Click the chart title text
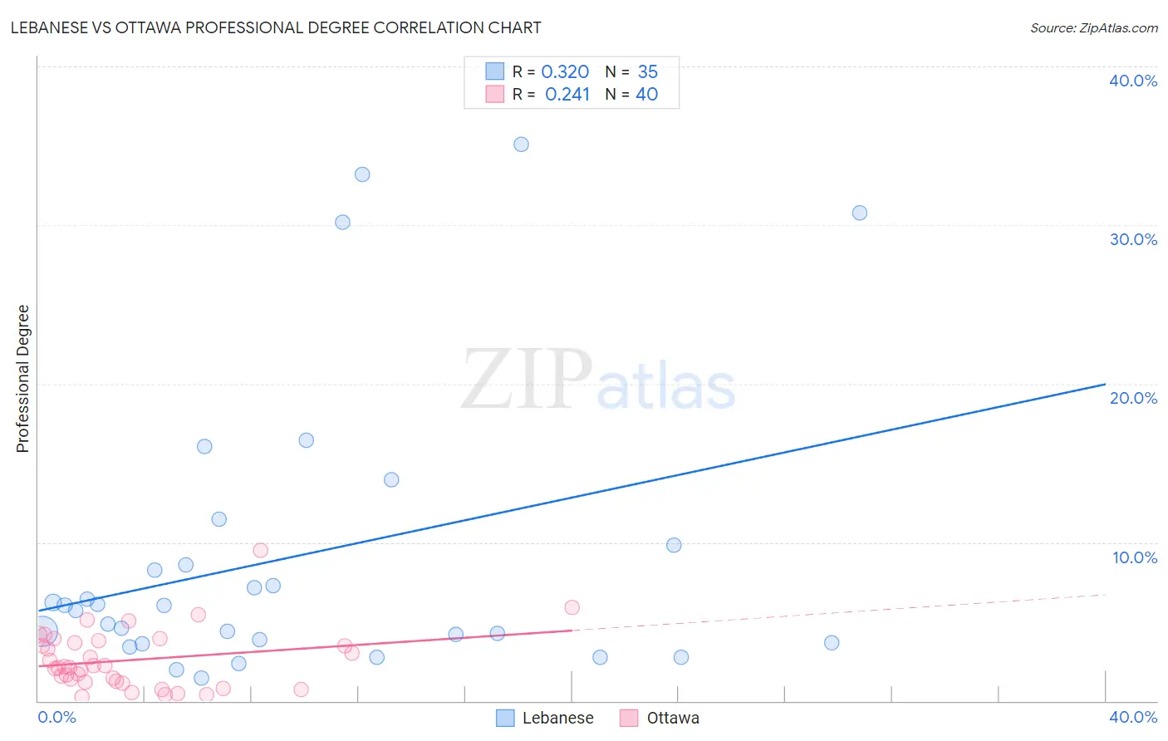pos(276,27)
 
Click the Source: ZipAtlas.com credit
pos(1093,27)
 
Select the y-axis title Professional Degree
pos(22,379)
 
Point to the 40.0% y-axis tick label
pos(1133,81)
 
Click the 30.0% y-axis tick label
pos(1133,239)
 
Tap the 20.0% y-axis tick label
pos(1133,398)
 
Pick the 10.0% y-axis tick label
pos(1134,557)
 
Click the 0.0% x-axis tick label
pos(57,717)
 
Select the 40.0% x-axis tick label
pos(1133,717)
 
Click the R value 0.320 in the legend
pos(565,72)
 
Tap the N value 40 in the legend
pos(646,95)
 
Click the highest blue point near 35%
pos(521,145)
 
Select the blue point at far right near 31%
pos(860,213)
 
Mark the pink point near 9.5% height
pos(260,550)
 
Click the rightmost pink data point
pos(572,607)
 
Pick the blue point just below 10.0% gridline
pos(674,545)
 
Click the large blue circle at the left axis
pos(42,632)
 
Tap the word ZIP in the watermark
pos(527,380)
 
